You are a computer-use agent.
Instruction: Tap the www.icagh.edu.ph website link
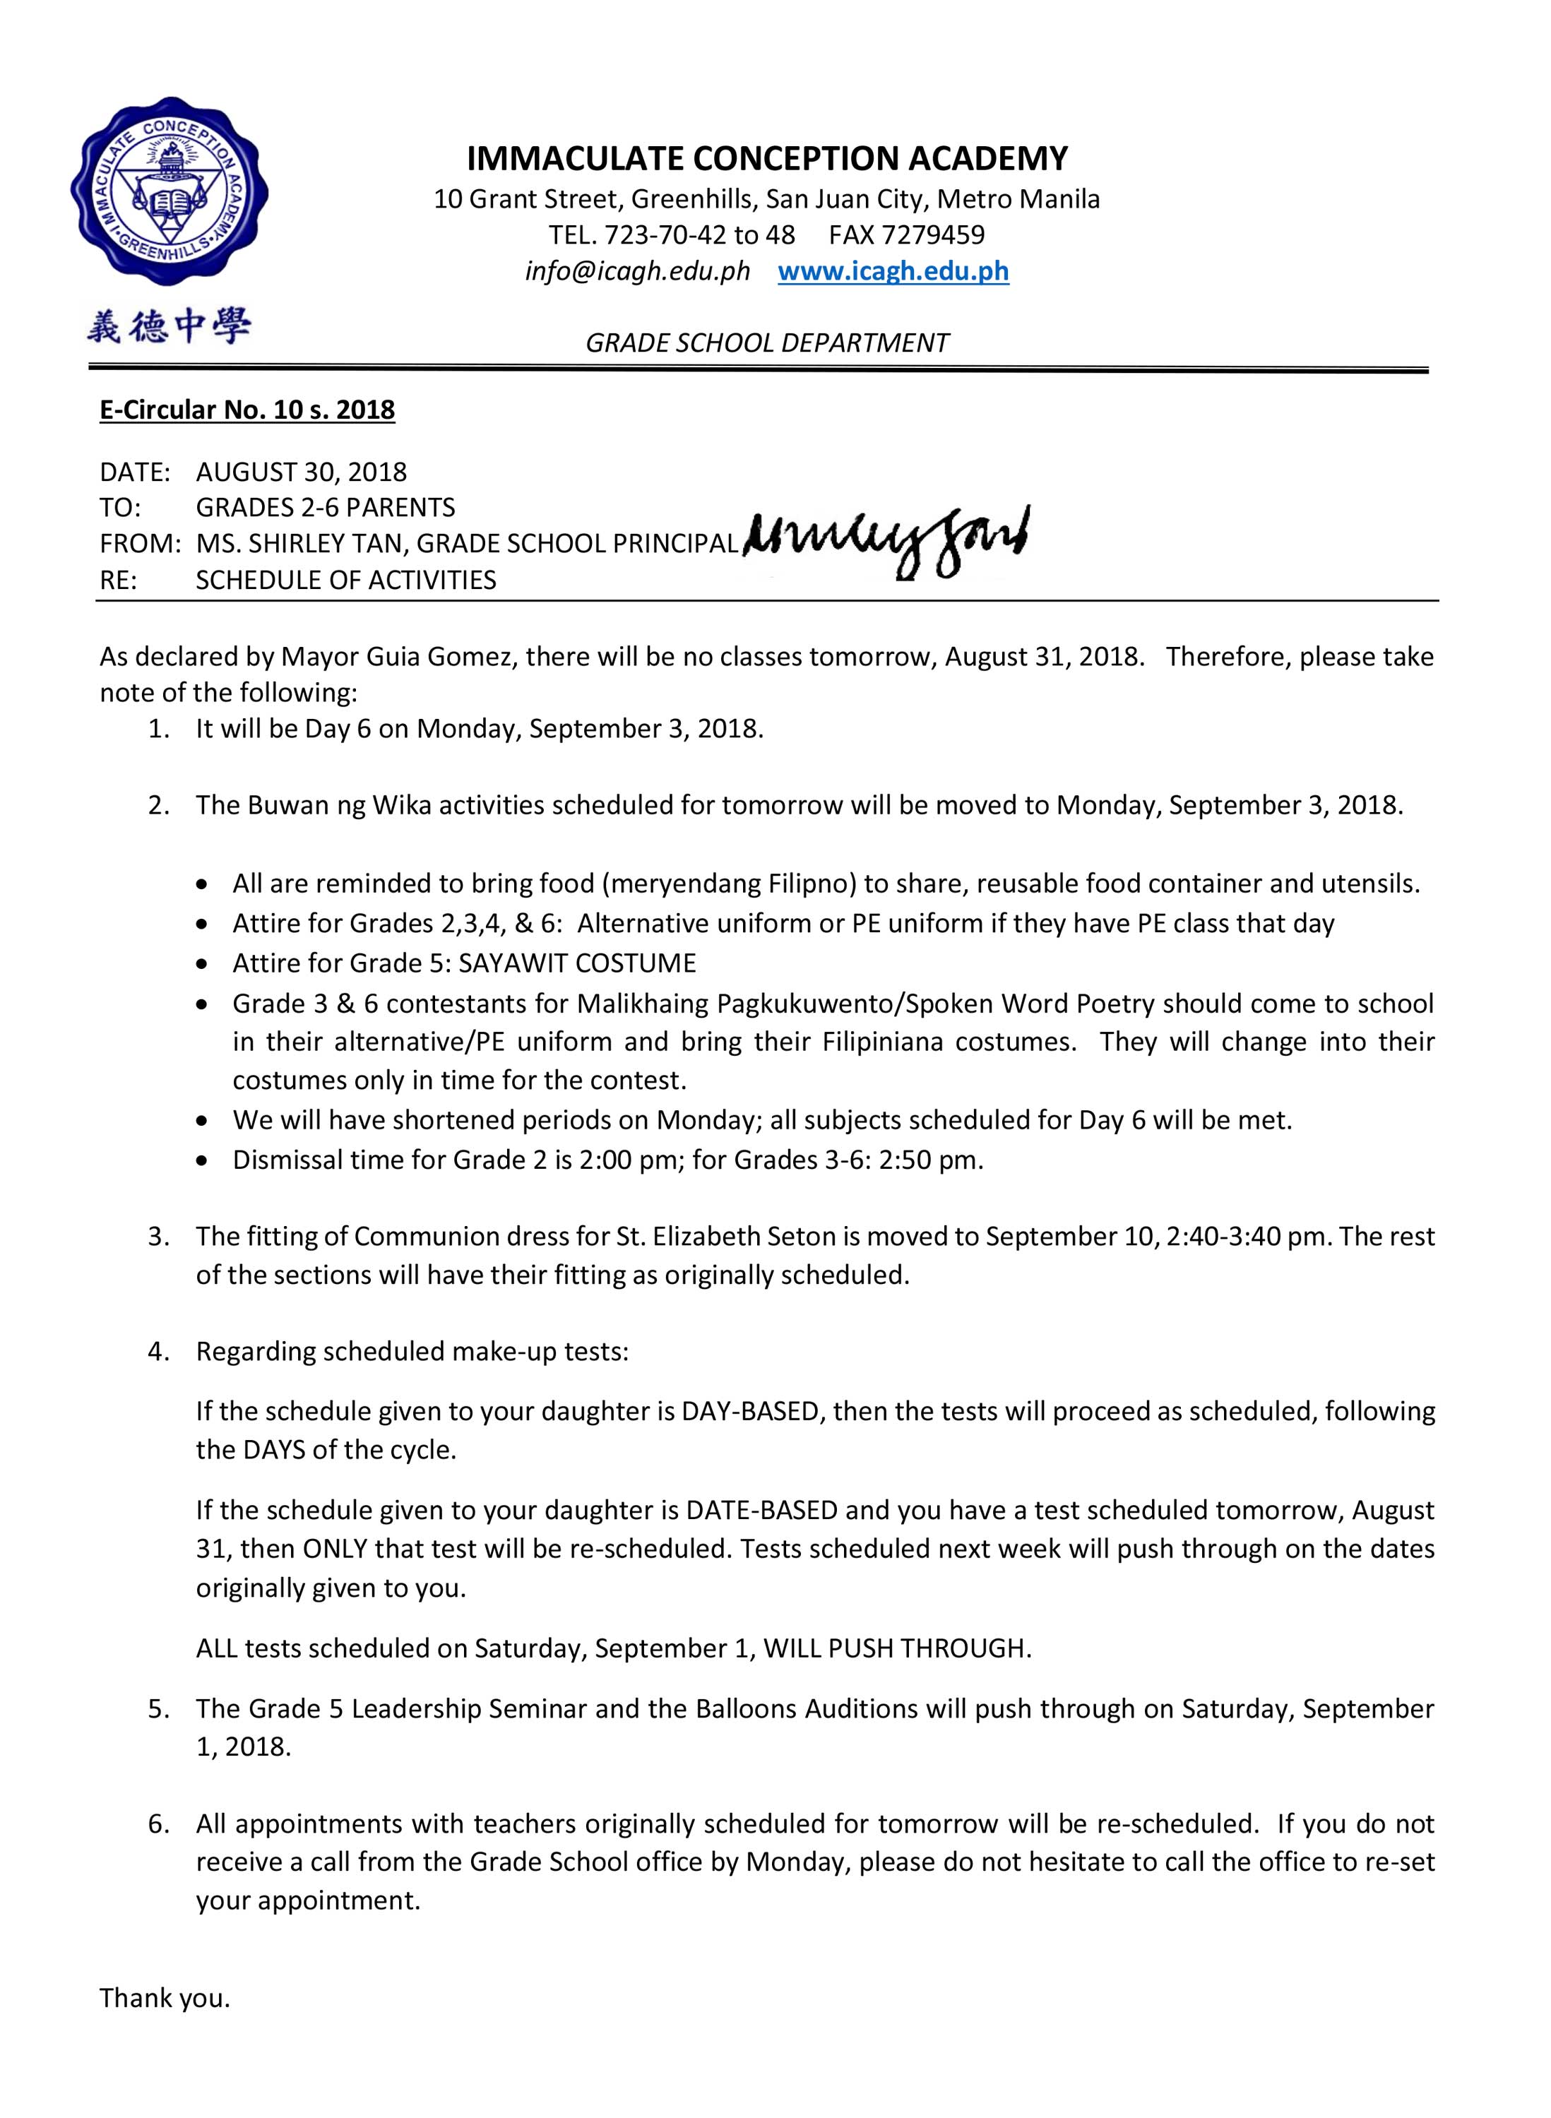[x=893, y=271]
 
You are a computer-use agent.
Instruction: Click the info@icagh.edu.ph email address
[x=638, y=271]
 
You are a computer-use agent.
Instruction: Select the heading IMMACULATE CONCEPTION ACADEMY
[x=766, y=159]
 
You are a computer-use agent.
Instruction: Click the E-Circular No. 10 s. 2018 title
[x=247, y=410]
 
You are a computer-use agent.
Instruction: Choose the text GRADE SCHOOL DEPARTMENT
[x=766, y=343]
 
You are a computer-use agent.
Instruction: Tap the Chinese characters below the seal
[x=169, y=328]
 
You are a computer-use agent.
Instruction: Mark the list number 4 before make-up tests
[x=158, y=1352]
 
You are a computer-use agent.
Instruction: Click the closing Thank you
[x=165, y=1998]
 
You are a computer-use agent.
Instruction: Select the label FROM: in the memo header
[x=140, y=544]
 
